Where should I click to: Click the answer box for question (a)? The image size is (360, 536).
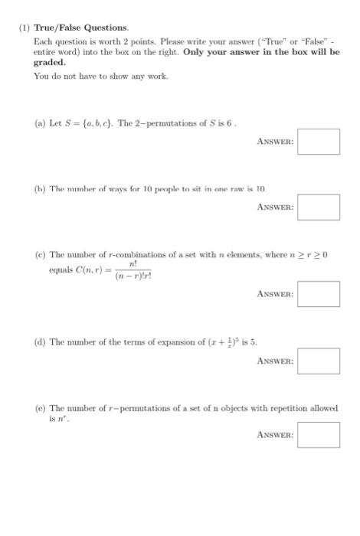pos(318,142)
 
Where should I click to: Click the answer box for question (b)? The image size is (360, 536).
pos(318,207)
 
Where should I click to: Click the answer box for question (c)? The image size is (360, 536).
pos(318,293)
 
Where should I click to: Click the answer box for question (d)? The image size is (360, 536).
pos(318,361)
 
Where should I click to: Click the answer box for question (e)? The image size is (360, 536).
pos(318,435)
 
